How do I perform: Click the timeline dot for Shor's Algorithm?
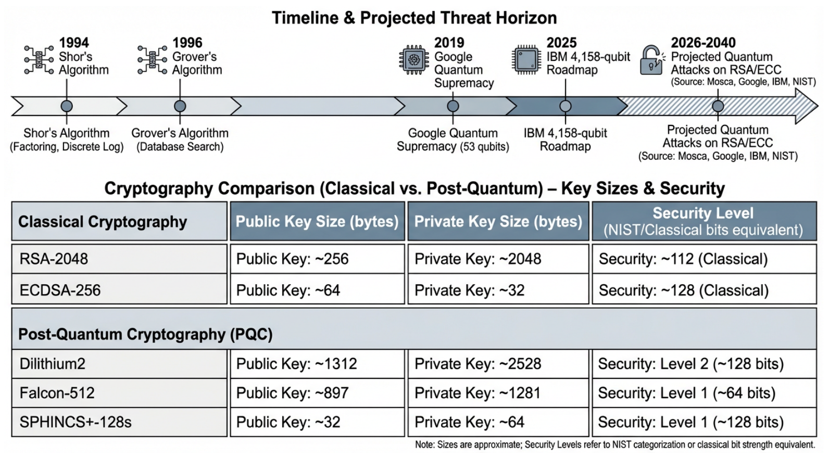tap(67, 106)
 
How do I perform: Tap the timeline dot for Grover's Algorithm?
tap(180, 106)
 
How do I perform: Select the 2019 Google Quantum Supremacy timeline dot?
tap(453, 106)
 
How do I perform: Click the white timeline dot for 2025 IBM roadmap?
tap(565, 106)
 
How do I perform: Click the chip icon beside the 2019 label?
tap(414, 59)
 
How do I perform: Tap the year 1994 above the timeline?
tap(74, 43)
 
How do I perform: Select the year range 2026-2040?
tap(703, 43)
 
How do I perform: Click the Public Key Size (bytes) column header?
tap(317, 221)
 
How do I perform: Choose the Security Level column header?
tap(704, 221)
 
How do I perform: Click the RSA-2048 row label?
tap(54, 259)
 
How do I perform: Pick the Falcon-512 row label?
tap(57, 393)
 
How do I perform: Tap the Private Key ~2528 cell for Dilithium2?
tap(498, 364)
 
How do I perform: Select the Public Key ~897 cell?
tap(317, 393)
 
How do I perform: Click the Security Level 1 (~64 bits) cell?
tap(704, 393)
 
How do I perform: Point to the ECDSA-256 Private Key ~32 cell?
tap(498, 290)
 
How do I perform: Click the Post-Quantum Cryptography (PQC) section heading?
tap(145, 335)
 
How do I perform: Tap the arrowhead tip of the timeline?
tap(818, 106)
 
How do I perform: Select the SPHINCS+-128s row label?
tap(76, 422)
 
